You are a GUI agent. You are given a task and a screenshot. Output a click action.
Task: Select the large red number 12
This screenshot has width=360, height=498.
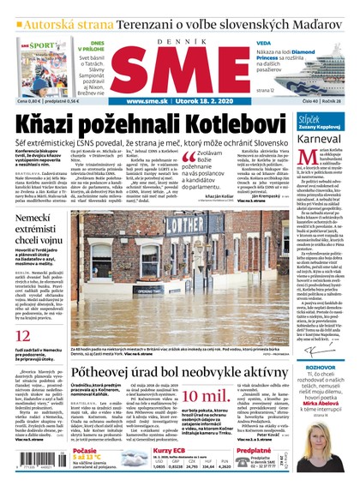click(24, 336)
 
